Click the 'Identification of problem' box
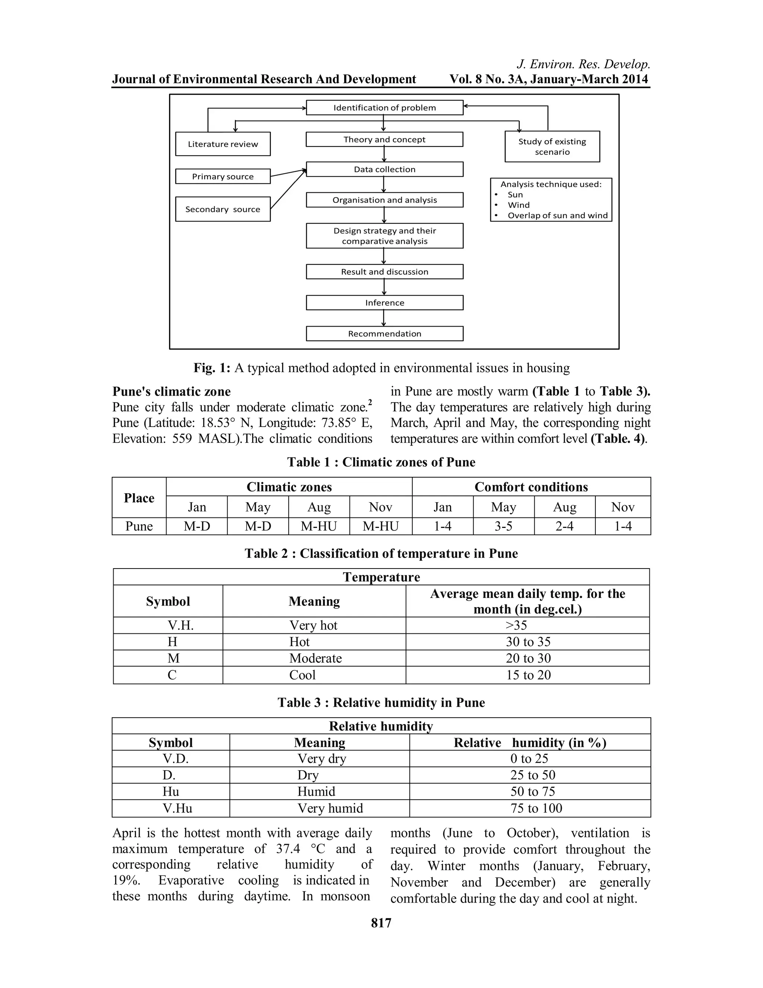(384, 108)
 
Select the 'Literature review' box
(223, 144)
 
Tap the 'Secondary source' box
(223, 209)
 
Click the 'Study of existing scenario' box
(552, 147)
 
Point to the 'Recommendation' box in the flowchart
(384, 333)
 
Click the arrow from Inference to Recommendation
(384, 318)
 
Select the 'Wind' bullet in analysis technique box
(519, 205)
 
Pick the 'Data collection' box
(384, 169)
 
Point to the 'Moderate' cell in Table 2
(315, 658)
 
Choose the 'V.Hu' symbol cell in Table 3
(177, 808)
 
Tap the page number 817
(381, 923)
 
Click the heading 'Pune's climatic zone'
(171, 391)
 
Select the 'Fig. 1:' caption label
(212, 368)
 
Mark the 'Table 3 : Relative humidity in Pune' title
(381, 702)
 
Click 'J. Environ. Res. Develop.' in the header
(583, 64)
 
